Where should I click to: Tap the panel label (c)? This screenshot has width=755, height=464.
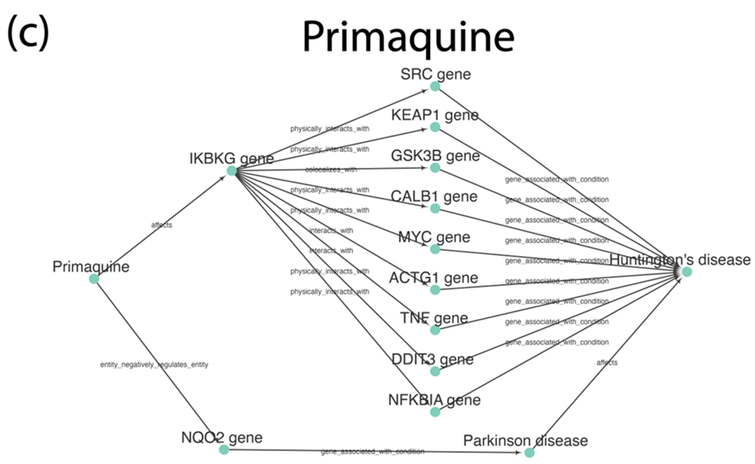tap(28, 32)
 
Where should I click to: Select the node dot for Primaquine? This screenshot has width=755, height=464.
tap(94, 279)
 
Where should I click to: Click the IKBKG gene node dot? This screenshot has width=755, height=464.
tap(231, 171)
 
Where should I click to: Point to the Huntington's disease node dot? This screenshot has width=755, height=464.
tap(687, 271)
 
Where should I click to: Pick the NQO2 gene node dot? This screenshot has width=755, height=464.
tap(224, 450)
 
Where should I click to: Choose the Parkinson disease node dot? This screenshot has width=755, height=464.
tap(529, 453)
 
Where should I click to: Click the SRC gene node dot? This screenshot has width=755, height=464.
tap(435, 86)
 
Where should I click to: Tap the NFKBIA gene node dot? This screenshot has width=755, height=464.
tap(435, 412)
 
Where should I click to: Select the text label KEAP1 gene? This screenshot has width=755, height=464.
tap(434, 115)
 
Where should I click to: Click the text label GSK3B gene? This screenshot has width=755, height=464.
tap(434, 155)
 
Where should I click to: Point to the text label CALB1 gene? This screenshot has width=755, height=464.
tap(434, 196)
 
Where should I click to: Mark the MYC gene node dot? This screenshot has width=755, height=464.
tap(435, 249)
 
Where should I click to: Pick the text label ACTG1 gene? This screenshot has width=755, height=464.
tap(434, 278)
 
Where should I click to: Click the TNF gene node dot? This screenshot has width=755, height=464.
tap(435, 330)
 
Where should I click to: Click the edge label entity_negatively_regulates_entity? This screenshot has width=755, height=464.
tap(154, 365)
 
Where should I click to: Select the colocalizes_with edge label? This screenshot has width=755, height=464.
tap(331, 169)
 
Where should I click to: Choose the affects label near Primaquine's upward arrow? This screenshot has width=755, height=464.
tap(161, 225)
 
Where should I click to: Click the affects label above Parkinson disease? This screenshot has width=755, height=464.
tap(607, 362)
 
